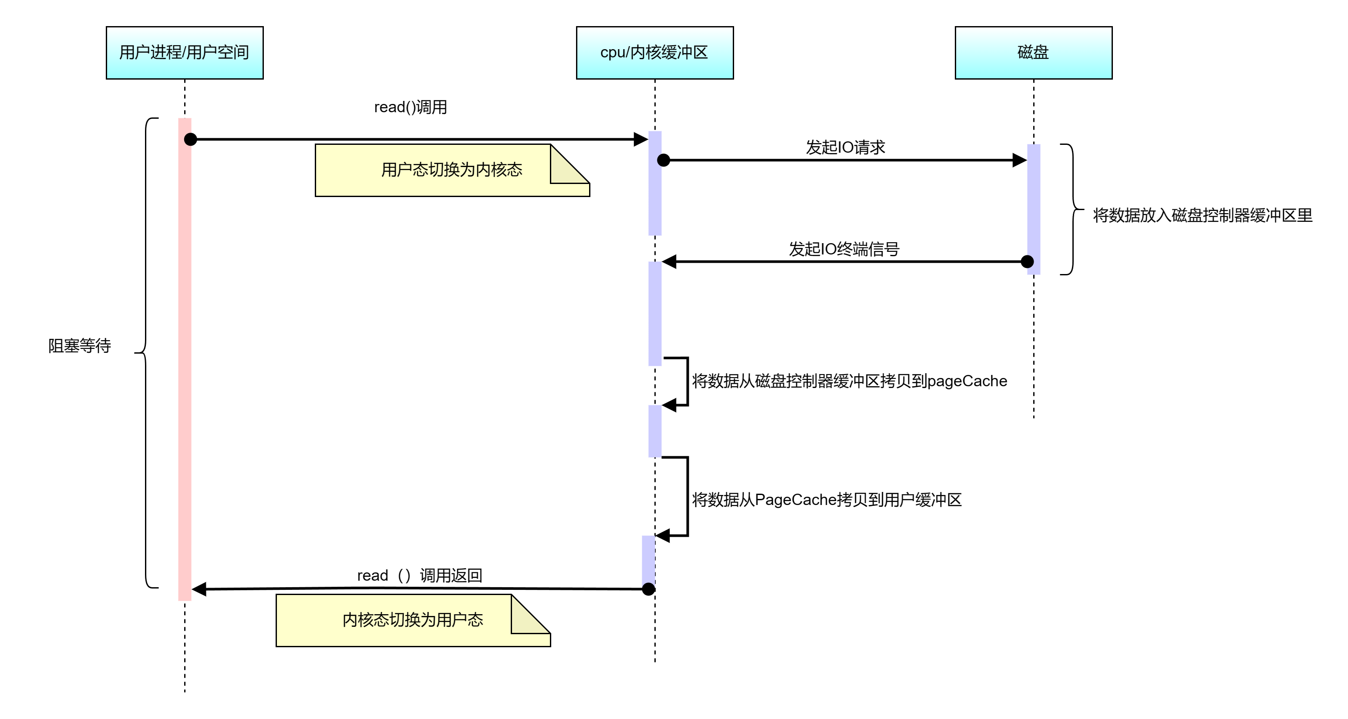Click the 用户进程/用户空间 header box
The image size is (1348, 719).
coord(184,53)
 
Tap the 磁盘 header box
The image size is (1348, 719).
coord(1033,53)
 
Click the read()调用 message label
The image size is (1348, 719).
coord(411,107)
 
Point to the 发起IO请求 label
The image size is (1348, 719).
coord(845,147)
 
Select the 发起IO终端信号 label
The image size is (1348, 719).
coord(844,249)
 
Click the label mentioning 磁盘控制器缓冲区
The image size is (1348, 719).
coord(849,381)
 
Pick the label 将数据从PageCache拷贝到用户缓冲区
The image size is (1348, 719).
coord(827,500)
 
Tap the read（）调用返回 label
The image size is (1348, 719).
coord(419,575)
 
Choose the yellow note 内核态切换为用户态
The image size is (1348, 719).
coord(412,620)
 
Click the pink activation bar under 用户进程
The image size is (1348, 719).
coord(185,366)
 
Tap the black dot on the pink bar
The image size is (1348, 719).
coord(189,139)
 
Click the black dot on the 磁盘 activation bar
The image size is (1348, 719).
coord(1029,261)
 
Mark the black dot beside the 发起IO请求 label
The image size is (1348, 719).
coord(661,160)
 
